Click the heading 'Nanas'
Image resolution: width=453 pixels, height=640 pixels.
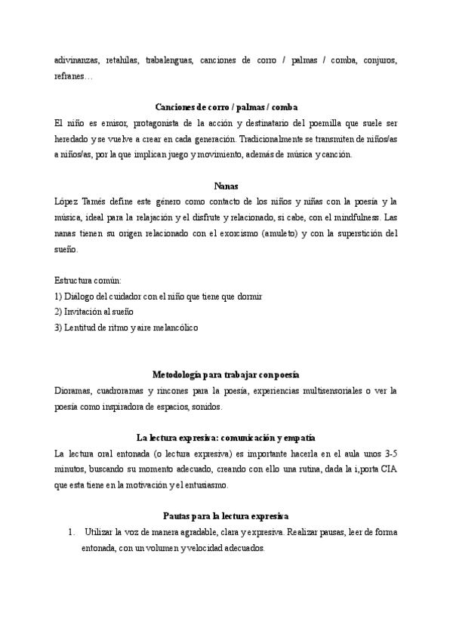coord(226,185)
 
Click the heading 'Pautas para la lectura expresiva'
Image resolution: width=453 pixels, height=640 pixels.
coord(225,516)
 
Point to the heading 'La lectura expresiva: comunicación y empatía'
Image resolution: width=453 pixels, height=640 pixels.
coord(226,438)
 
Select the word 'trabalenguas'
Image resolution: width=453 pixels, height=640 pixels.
coord(169,60)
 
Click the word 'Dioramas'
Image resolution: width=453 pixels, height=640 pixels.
coord(74,390)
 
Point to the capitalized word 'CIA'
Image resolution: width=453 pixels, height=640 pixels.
coord(388,469)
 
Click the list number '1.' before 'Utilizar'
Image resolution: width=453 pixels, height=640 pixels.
coord(72,532)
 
